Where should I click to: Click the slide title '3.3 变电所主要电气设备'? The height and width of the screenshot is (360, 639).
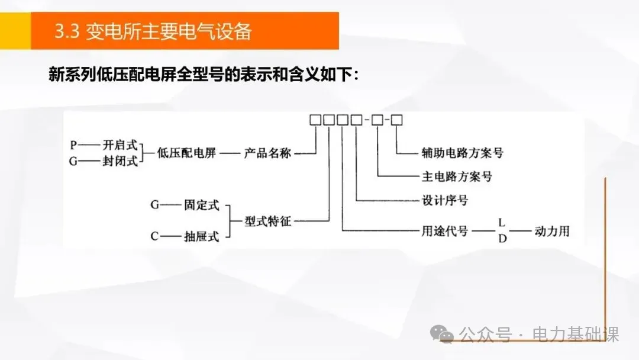tap(153, 31)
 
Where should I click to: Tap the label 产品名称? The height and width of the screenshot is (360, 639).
tap(267, 153)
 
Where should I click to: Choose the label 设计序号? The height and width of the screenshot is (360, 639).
tap(444, 201)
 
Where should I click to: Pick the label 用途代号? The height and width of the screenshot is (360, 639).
tap(444, 230)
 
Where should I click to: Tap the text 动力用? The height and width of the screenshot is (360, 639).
tap(551, 230)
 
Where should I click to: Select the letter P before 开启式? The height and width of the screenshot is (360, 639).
tap(73, 144)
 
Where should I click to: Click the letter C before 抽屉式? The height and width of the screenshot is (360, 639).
tap(154, 237)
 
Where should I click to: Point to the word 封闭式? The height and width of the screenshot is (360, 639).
tap(120, 160)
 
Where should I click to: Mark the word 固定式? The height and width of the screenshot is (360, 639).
tap(201, 206)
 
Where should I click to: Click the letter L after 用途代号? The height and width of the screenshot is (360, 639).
tap(501, 222)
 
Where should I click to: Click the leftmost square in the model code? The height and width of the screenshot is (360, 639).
tap(315, 120)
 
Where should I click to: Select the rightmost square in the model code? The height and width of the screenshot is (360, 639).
tap(397, 120)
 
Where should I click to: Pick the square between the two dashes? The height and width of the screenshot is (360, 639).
tap(377, 120)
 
